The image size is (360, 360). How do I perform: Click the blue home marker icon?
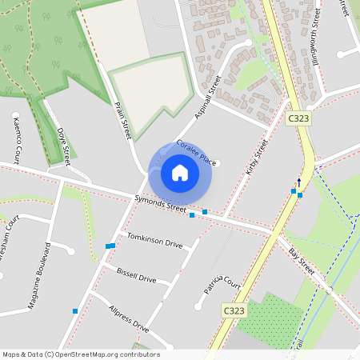click(180, 173)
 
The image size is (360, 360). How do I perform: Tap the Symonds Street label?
click(160, 205)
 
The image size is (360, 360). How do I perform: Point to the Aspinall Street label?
click(206, 97)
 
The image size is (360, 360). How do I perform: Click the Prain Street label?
click(122, 120)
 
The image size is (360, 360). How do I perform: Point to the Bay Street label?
click(302, 263)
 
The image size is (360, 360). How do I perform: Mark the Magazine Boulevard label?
click(39, 276)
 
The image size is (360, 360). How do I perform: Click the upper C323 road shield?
click(298, 118)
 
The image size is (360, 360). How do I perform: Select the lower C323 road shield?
click(233, 310)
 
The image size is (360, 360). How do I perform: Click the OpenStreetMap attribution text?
click(82, 354)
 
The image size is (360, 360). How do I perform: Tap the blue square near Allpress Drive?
click(75, 310)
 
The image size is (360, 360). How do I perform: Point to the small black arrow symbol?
click(300, 182)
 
